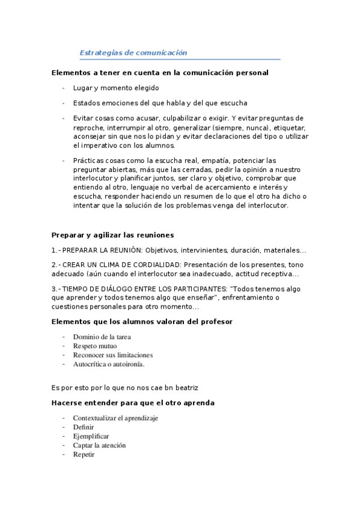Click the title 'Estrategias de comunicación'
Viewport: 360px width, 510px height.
click(133, 53)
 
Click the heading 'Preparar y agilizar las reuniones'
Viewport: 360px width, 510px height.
click(112, 235)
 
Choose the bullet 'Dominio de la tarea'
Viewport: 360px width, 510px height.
click(102, 337)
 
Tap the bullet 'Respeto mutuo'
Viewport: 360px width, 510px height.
click(95, 346)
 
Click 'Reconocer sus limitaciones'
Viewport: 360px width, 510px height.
click(112, 355)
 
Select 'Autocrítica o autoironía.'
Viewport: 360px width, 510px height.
click(109, 364)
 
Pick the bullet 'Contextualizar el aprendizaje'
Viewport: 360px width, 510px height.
click(115, 418)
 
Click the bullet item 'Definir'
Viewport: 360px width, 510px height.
click(84, 427)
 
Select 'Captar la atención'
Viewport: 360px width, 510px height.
click(99, 446)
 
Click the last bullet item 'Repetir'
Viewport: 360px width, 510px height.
click(84, 455)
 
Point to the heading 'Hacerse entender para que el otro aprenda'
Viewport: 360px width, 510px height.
click(133, 403)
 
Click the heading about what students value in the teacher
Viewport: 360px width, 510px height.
click(141, 322)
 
